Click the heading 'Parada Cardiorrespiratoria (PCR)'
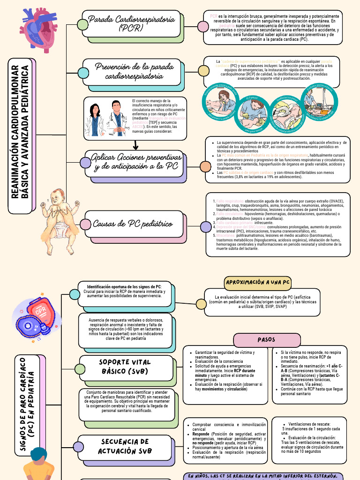pos(132,23)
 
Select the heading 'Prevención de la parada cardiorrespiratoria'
pos(132,71)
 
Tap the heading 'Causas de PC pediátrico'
pos(133,224)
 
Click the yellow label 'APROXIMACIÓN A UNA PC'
pos(258,283)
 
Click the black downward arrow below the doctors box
pos(136,145)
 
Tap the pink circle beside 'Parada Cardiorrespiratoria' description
pos(203,26)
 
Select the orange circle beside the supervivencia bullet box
pos(205,166)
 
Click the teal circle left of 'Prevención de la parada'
pos(83,72)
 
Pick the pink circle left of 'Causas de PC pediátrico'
pos(85,225)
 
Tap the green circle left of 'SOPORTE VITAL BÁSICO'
pos(80,369)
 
